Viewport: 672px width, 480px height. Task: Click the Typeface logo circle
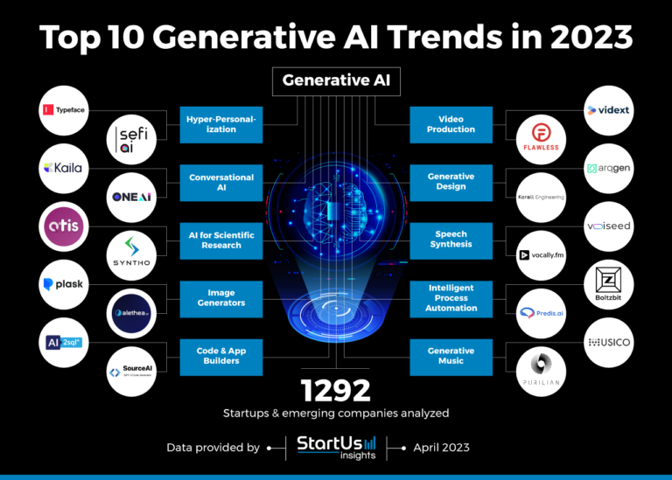tap(65, 111)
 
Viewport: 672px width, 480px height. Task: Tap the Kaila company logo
tap(65, 168)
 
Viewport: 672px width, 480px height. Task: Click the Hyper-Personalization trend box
tap(221, 124)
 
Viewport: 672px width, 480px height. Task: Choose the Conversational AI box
tap(221, 182)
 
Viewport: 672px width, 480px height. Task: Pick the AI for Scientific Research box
tap(221, 240)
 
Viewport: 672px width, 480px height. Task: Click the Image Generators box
tap(221, 298)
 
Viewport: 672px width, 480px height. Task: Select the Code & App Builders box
tap(221, 356)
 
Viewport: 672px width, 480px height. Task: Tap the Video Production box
tap(451, 124)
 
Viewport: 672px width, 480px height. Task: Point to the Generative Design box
tap(451, 182)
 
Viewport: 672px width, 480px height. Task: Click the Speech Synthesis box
tap(451, 240)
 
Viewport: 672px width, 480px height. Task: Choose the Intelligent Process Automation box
tap(451, 298)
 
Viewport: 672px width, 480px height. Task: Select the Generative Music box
tap(451, 356)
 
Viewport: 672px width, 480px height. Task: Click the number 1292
tap(336, 390)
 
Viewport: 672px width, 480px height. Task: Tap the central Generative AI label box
tap(335, 81)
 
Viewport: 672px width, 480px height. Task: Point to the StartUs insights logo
tap(335, 446)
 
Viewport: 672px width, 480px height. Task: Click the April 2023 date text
tap(440, 447)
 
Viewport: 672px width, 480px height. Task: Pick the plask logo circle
tap(65, 285)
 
